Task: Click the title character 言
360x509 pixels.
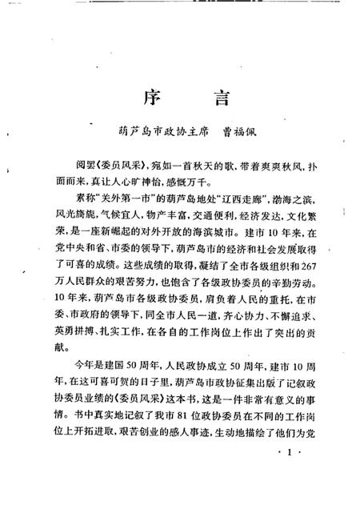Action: tap(217, 102)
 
